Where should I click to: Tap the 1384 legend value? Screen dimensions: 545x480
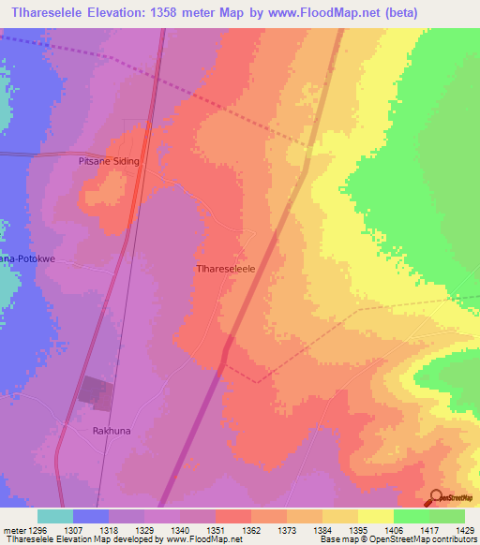(x=324, y=529)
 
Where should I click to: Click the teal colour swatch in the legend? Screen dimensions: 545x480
(x=55, y=516)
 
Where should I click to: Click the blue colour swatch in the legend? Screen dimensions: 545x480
(x=91, y=516)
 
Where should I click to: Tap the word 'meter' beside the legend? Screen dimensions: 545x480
(x=14, y=529)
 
